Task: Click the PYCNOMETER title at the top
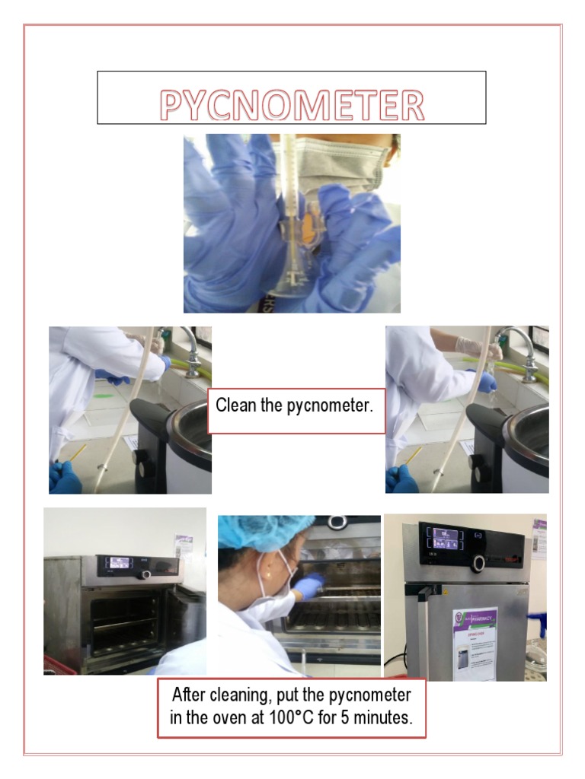coord(292,106)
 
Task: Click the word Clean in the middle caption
coord(236,405)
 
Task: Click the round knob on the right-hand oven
coord(478,564)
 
